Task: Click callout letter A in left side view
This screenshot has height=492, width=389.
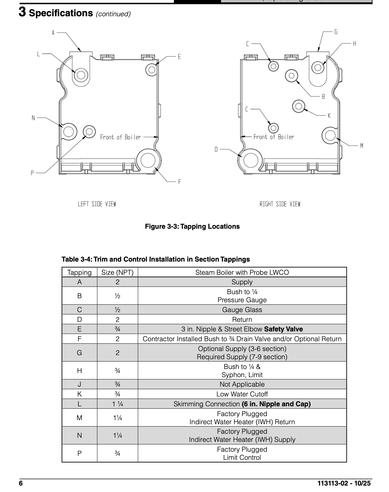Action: (53, 33)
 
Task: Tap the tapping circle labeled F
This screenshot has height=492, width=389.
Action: (148, 160)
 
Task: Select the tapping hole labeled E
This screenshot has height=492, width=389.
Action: (152, 70)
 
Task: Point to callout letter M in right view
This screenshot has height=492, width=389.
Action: (362, 146)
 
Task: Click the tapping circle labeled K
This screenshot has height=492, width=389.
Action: (298, 106)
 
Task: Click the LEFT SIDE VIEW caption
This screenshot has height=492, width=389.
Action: (97, 204)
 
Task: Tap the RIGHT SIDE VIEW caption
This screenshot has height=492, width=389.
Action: (280, 204)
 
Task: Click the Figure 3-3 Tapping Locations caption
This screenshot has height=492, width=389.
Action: (192, 226)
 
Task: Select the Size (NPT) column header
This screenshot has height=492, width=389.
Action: (117, 272)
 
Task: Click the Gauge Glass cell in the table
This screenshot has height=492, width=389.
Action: (242, 310)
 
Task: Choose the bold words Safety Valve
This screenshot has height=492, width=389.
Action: (283, 329)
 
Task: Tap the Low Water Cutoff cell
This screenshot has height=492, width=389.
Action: (242, 394)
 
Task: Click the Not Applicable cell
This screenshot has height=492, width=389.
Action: (242, 384)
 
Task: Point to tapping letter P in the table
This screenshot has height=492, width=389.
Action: (79, 453)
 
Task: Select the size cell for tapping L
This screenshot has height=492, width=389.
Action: (117, 404)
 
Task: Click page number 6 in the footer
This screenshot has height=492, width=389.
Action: (21, 483)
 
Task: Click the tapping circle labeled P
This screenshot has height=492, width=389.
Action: (89, 131)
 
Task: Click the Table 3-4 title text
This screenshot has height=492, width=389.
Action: (156, 259)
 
